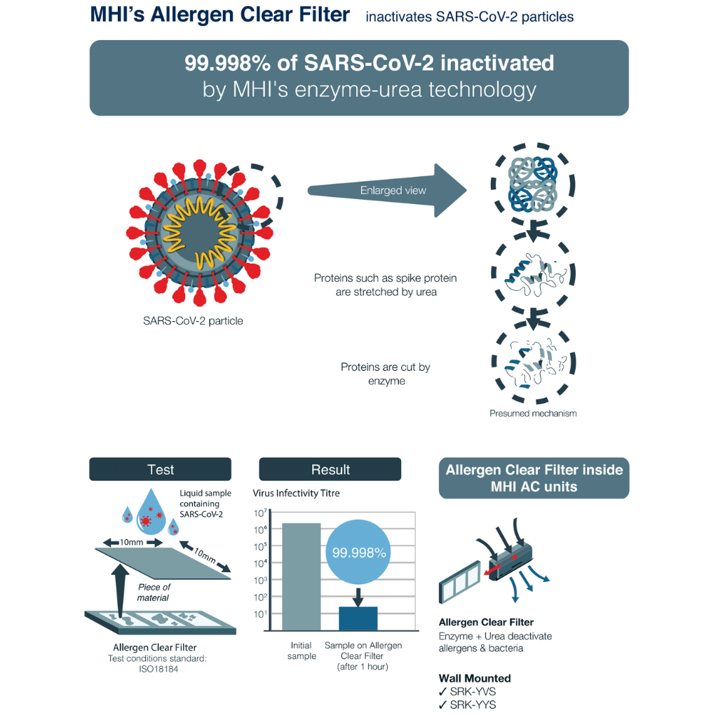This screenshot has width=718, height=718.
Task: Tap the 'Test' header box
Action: (161, 469)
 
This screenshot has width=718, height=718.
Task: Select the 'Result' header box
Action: (330, 469)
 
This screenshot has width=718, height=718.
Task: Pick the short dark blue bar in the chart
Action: (358, 618)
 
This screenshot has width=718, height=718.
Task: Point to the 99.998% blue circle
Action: (359, 553)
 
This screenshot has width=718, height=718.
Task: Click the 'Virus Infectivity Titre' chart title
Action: (296, 493)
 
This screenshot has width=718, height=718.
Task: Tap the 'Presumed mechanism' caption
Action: (533, 413)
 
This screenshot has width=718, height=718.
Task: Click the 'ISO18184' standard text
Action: (155, 669)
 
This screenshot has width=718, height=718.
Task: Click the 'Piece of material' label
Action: (154, 592)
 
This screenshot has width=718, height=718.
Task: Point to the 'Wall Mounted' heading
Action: (475, 678)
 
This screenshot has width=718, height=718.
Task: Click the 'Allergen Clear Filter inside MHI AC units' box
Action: (534, 477)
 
